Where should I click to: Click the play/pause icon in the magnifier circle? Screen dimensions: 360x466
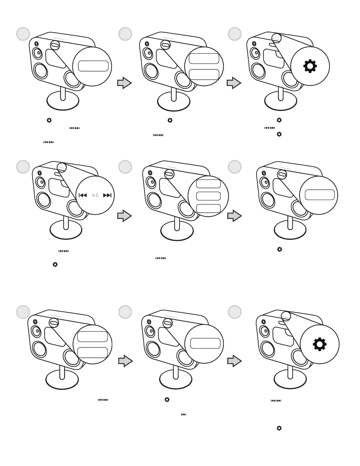coord(95,195)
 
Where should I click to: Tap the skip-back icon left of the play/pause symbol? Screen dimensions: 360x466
coord(83,195)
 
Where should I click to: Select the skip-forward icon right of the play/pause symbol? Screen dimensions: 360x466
coord(108,195)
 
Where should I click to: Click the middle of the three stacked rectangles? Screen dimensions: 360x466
coord(208,196)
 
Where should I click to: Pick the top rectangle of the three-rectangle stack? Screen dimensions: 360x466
coord(208,184)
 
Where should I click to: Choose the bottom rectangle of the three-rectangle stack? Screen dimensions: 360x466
coord(208,208)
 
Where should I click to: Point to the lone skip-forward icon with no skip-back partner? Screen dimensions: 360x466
coord(184,415)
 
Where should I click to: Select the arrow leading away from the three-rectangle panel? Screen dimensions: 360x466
coord(234,216)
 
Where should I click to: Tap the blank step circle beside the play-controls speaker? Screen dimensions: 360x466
coord(23,167)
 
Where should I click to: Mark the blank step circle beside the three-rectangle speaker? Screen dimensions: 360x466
coord(125,167)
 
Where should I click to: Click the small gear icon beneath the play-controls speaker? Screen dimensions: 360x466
coord(55,264)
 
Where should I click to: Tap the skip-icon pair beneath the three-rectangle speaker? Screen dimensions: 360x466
coord(161,258)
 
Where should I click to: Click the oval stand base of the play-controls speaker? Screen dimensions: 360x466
coord(66,230)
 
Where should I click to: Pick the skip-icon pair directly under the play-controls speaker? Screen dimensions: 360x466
coord(64,251)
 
